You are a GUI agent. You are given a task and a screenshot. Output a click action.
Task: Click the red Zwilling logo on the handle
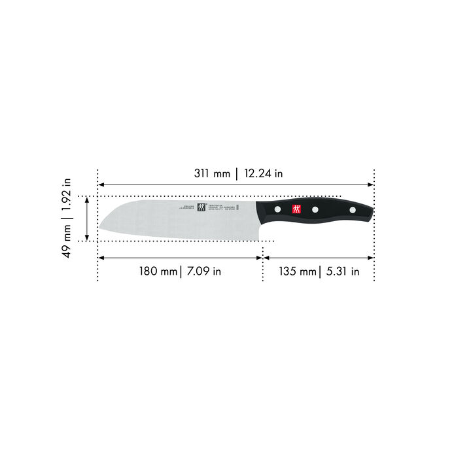coord(294,209)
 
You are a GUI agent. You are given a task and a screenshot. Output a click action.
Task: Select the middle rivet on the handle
coord(315,210)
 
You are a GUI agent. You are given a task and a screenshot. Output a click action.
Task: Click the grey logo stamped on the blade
coord(201,209)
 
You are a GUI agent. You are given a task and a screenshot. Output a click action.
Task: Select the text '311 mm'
coord(213,174)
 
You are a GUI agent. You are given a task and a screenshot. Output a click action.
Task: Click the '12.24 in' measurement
coord(264,174)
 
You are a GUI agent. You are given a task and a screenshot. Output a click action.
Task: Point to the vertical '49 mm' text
coord(68,242)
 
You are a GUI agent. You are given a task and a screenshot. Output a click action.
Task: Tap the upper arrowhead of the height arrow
coord(86,200)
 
